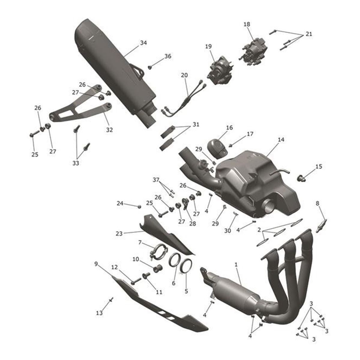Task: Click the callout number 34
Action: pyautogui.click(x=143, y=43)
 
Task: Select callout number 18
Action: pyautogui.click(x=247, y=24)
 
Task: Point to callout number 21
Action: pyautogui.click(x=309, y=34)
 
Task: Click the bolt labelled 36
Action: pyautogui.click(x=150, y=67)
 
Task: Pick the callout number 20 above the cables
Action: pyautogui.click(x=184, y=75)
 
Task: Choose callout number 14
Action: pyautogui.click(x=281, y=140)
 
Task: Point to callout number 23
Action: pyautogui.click(x=119, y=234)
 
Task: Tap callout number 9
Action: pyautogui.click(x=96, y=264)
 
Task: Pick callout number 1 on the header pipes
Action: pyautogui.click(x=236, y=265)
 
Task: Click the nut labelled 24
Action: pyautogui.click(x=139, y=206)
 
